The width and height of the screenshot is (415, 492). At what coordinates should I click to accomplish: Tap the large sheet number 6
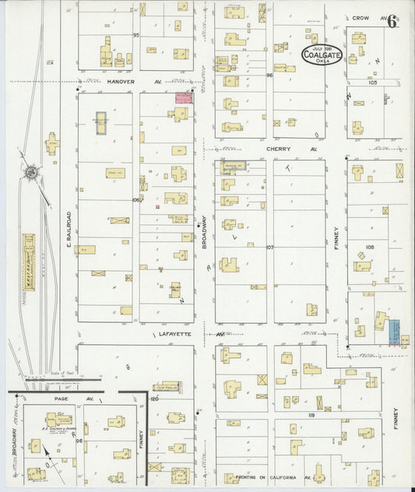[392, 21]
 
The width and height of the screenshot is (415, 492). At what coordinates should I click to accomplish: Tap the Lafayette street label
[169, 333]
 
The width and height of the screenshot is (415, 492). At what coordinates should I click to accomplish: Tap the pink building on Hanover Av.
[184, 98]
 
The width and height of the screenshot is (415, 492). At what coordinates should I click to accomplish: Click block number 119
[311, 416]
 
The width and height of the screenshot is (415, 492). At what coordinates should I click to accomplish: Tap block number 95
[135, 36]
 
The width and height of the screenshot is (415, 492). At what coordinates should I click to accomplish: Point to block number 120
[154, 398]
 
